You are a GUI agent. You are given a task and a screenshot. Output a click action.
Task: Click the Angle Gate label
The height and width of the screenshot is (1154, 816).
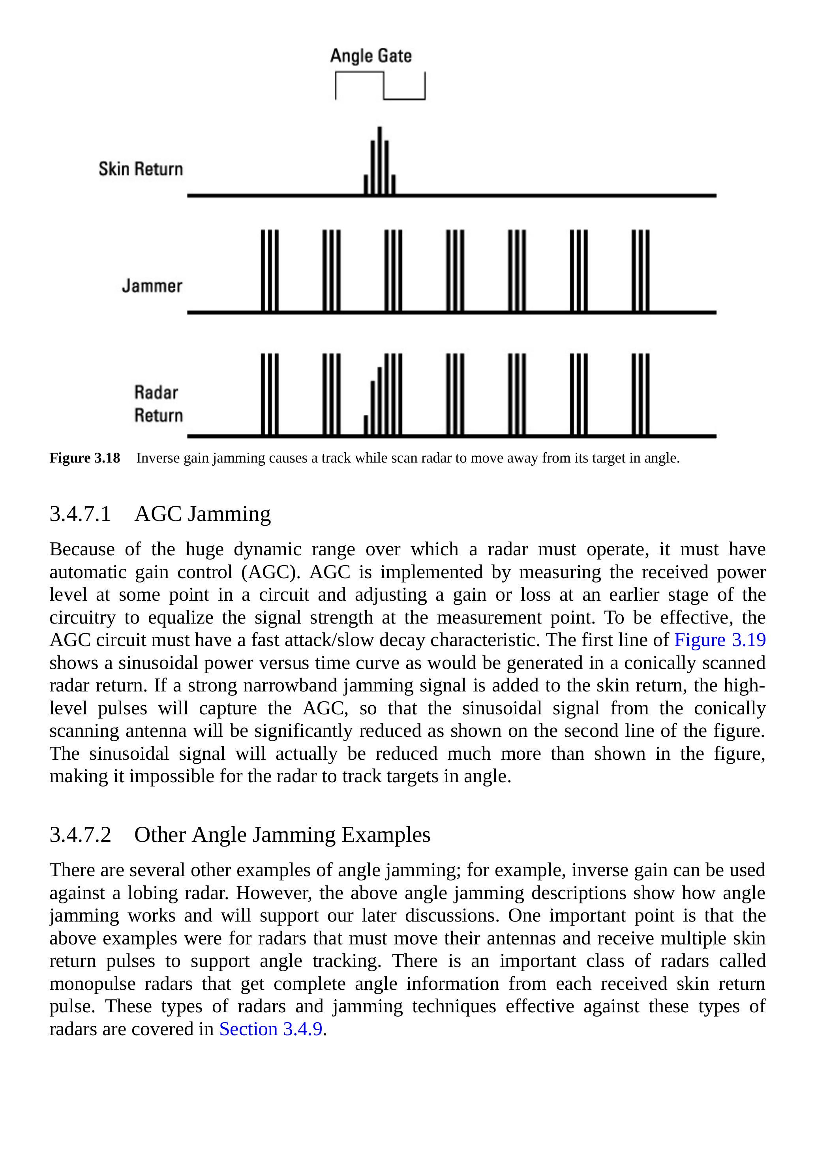point(371,56)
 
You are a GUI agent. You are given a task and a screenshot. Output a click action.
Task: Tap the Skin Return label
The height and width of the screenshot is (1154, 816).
point(141,169)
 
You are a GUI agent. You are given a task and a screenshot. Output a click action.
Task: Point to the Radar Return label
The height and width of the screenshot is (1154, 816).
point(158,404)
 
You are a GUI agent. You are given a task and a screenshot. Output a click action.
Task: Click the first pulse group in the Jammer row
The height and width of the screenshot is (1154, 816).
point(270,270)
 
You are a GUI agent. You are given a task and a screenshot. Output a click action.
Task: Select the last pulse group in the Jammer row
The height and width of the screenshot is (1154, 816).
point(641,270)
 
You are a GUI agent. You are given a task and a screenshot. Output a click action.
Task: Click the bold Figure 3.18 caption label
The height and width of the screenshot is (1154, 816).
point(84,458)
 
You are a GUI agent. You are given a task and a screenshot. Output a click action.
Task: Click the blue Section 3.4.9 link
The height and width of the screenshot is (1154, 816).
point(270,1029)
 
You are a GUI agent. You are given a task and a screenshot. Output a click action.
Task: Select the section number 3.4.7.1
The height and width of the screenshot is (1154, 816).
point(80,514)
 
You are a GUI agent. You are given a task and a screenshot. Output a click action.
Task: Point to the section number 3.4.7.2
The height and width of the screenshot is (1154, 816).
point(80,834)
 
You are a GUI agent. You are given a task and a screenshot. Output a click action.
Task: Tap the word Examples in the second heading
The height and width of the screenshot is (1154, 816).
point(386,834)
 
